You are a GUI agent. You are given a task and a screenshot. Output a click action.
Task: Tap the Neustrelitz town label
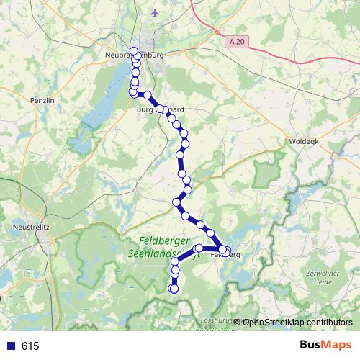30,226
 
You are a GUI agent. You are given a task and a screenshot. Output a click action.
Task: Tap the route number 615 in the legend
30,346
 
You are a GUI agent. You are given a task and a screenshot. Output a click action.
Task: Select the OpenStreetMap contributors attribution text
297,322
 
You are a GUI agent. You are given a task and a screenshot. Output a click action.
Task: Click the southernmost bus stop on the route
173,289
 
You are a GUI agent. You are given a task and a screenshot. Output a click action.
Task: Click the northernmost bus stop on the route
133,50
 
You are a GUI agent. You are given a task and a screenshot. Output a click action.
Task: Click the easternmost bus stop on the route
228,252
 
